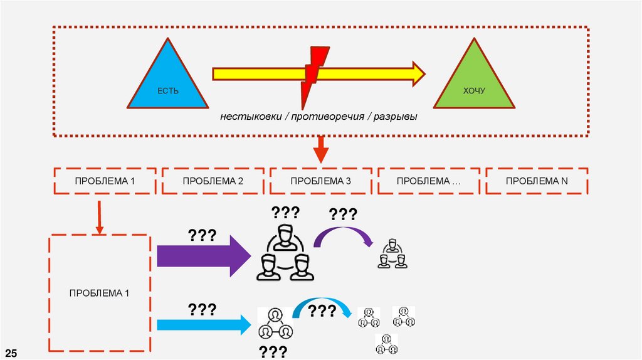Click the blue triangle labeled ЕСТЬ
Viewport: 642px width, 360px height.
tap(167, 82)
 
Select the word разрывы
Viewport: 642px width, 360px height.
tap(396, 117)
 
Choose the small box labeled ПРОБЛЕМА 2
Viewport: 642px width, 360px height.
tap(213, 181)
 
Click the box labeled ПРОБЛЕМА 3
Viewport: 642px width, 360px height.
tap(320, 181)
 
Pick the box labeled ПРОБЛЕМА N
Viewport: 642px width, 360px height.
tap(537, 181)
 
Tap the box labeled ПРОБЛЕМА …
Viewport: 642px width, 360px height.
tap(429, 181)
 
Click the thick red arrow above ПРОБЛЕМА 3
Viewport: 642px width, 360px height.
tap(320, 150)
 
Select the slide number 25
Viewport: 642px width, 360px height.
tap(12, 351)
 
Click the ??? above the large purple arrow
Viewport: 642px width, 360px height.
tap(202, 236)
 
